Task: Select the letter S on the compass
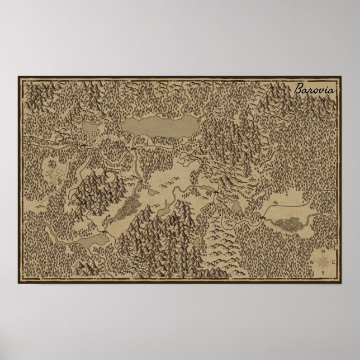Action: tap(323, 272)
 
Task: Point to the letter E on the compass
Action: tap(333, 262)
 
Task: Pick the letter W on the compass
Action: tap(312, 262)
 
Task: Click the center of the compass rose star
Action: tap(323, 262)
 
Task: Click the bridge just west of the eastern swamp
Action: tap(263, 215)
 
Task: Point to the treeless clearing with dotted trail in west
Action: tap(55, 167)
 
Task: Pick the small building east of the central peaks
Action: tap(251, 179)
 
